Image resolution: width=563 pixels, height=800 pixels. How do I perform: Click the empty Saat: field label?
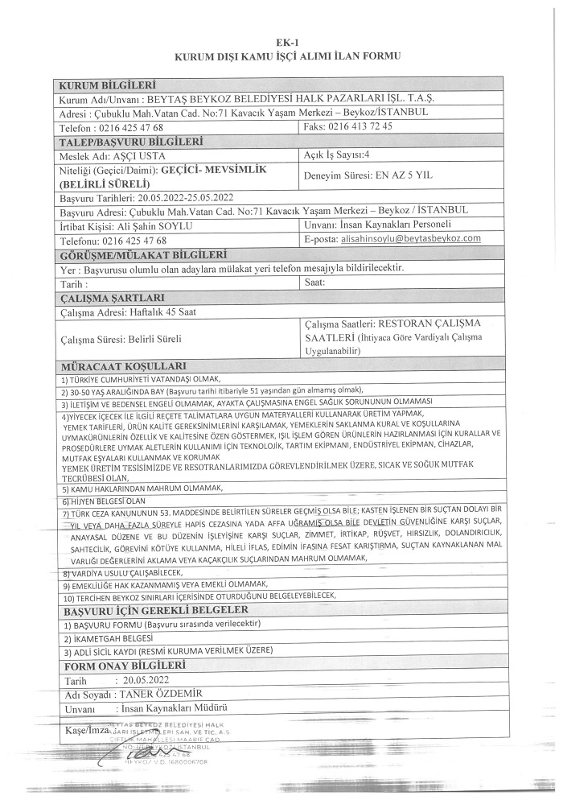314,283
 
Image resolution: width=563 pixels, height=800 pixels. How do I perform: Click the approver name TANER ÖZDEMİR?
160,694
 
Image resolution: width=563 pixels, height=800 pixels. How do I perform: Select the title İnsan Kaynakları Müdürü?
173,708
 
